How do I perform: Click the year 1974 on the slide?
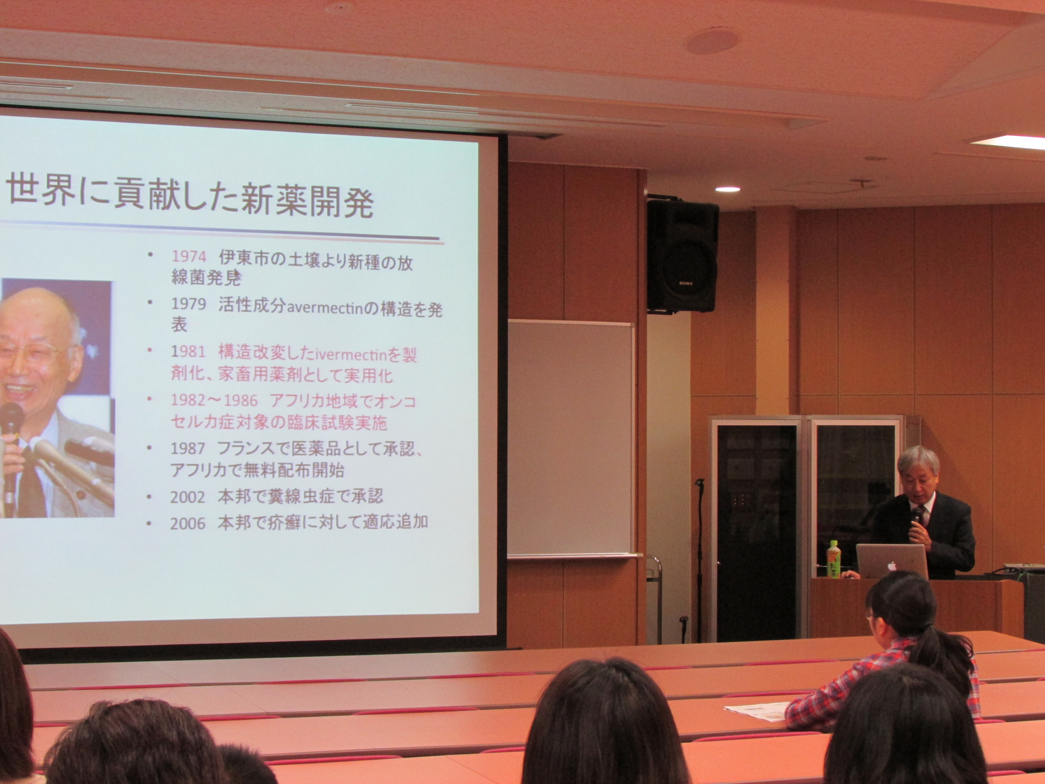click(x=189, y=257)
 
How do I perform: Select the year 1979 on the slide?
click(x=188, y=304)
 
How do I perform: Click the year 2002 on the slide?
click(x=188, y=497)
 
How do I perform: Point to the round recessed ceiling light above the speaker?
click(x=728, y=189)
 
